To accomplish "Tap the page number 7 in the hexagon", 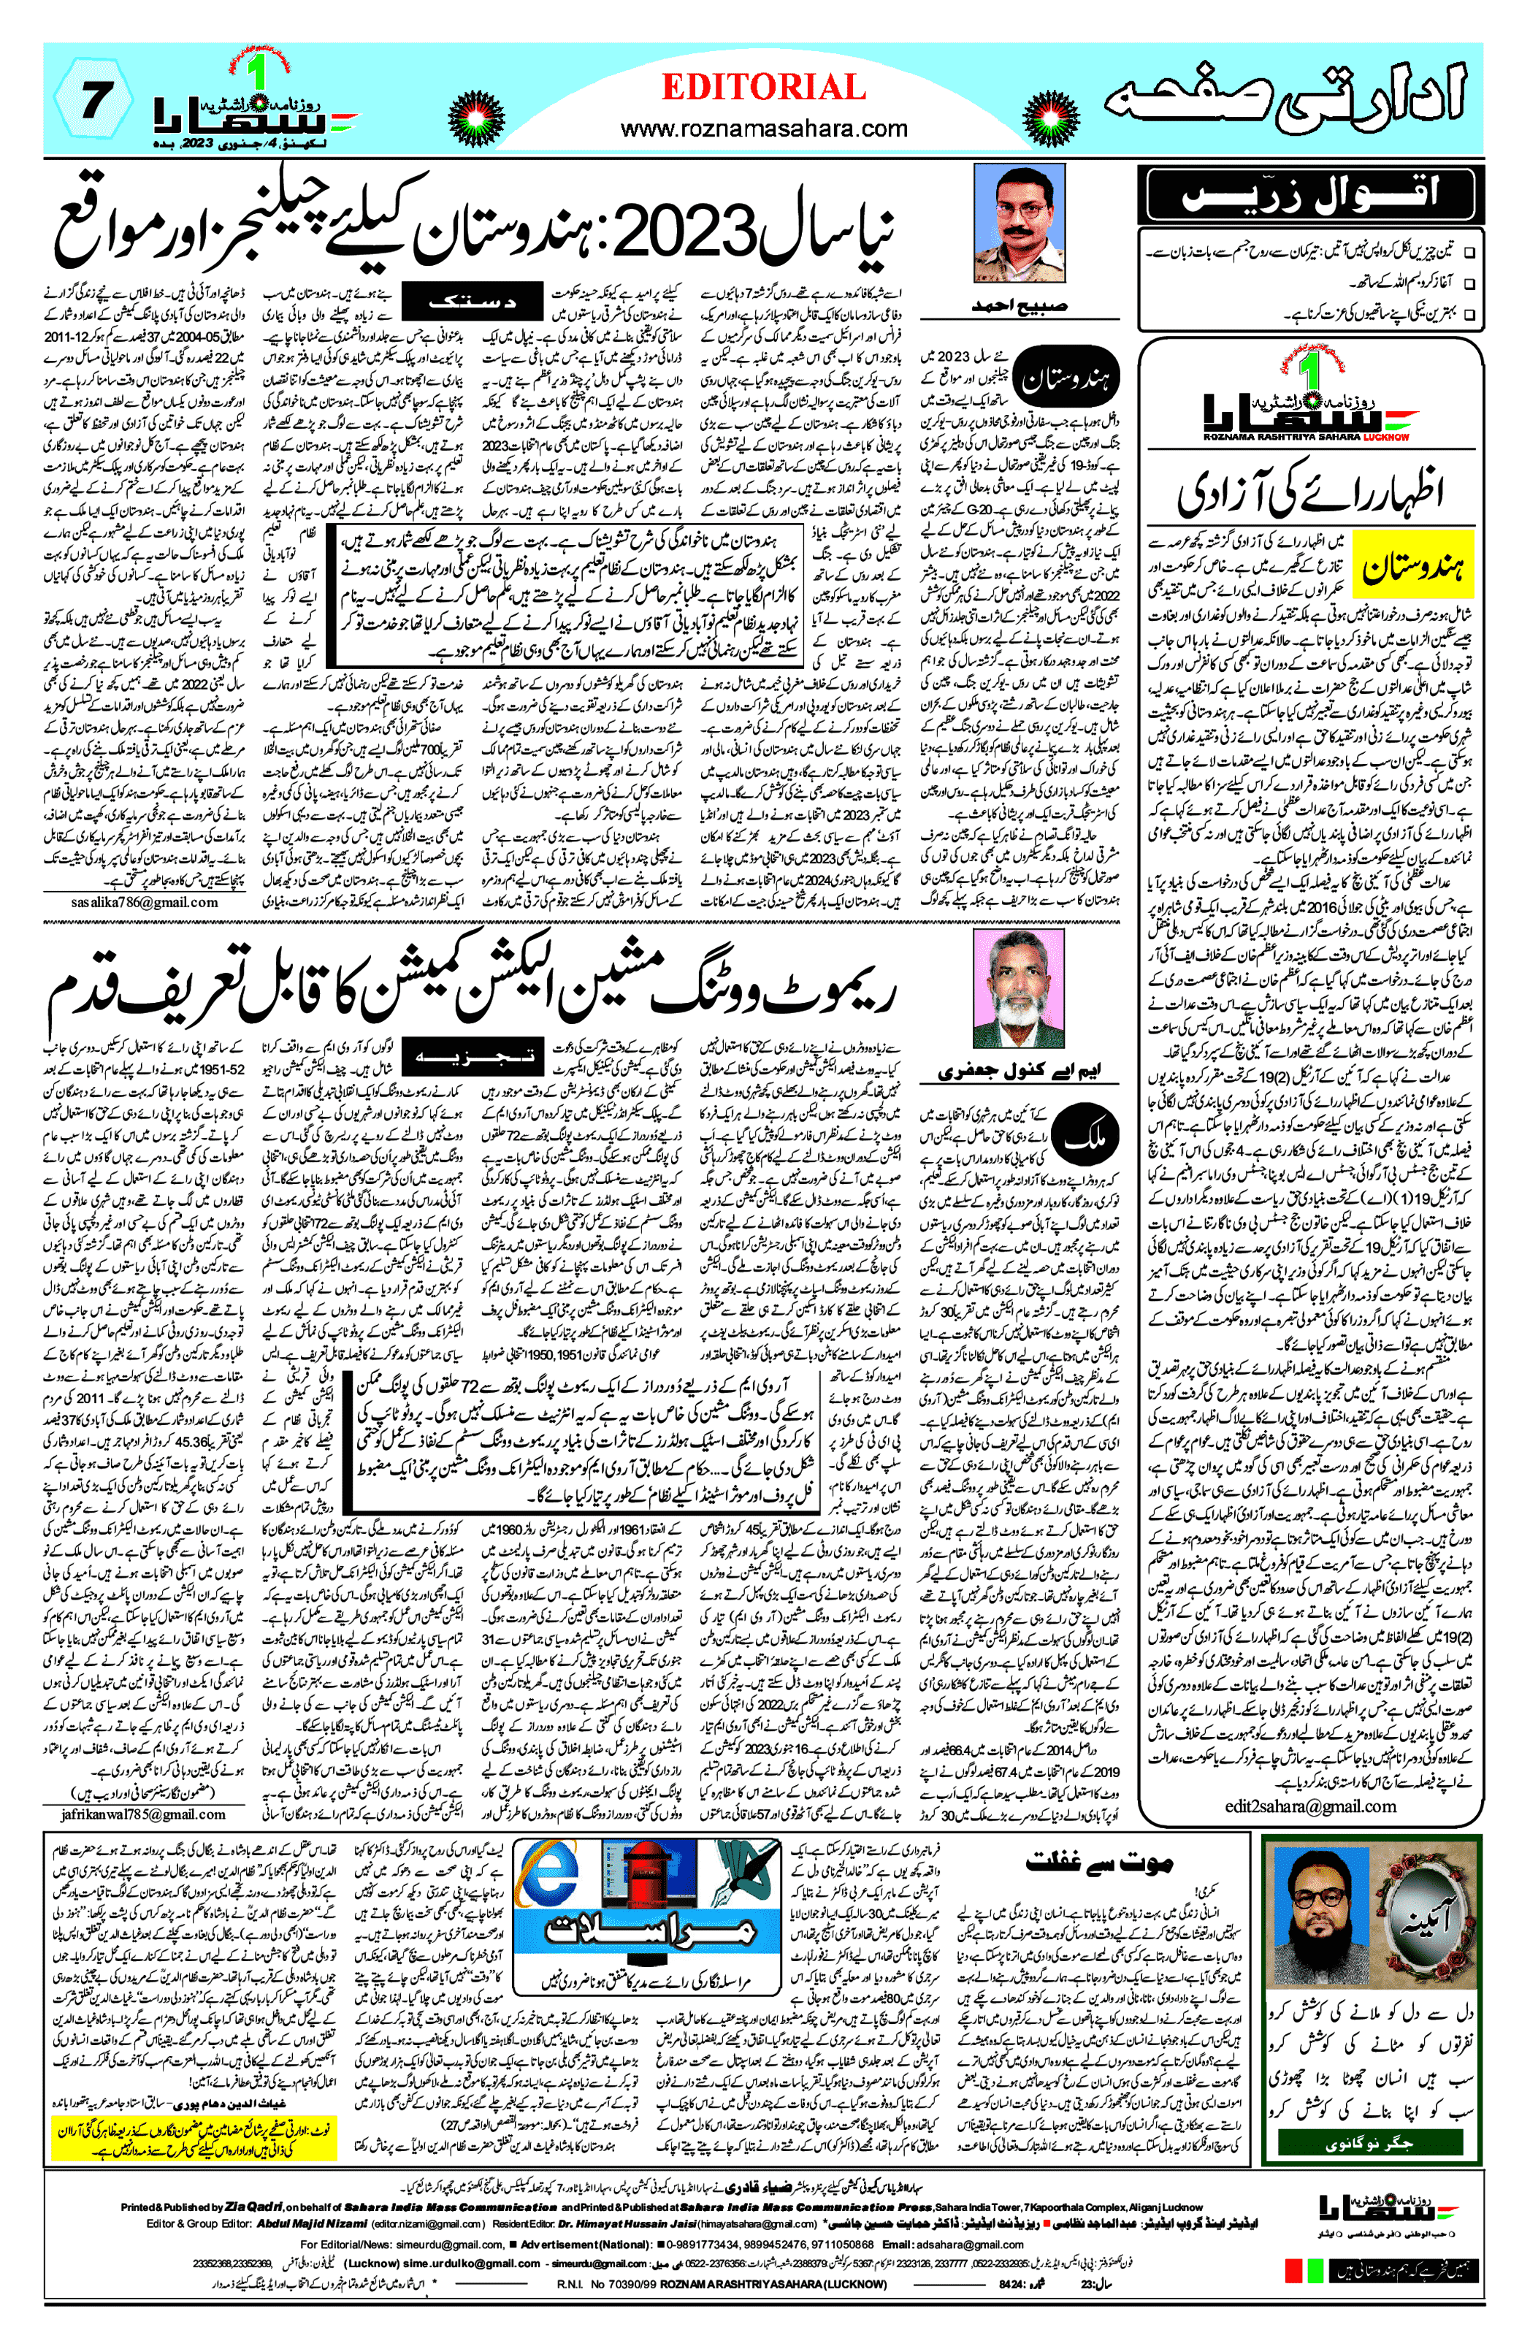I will pyautogui.click(x=93, y=101).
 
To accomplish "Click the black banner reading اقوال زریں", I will pyautogui.click(x=1310, y=196).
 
